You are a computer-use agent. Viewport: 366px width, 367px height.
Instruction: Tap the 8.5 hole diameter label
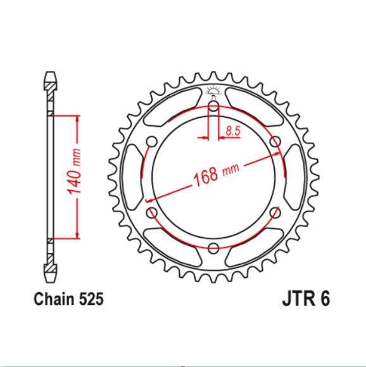[232, 131]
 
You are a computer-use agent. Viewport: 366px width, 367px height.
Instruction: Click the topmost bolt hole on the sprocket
[213, 105]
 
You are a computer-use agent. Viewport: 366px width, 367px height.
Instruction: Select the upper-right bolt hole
[275, 141]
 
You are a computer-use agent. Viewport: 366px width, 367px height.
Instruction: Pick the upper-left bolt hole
[151, 141]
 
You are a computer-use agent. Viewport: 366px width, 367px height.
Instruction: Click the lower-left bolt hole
[151, 212]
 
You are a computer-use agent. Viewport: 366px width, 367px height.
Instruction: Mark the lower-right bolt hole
[275, 212]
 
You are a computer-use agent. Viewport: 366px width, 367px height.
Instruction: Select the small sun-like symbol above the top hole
[213, 89]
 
